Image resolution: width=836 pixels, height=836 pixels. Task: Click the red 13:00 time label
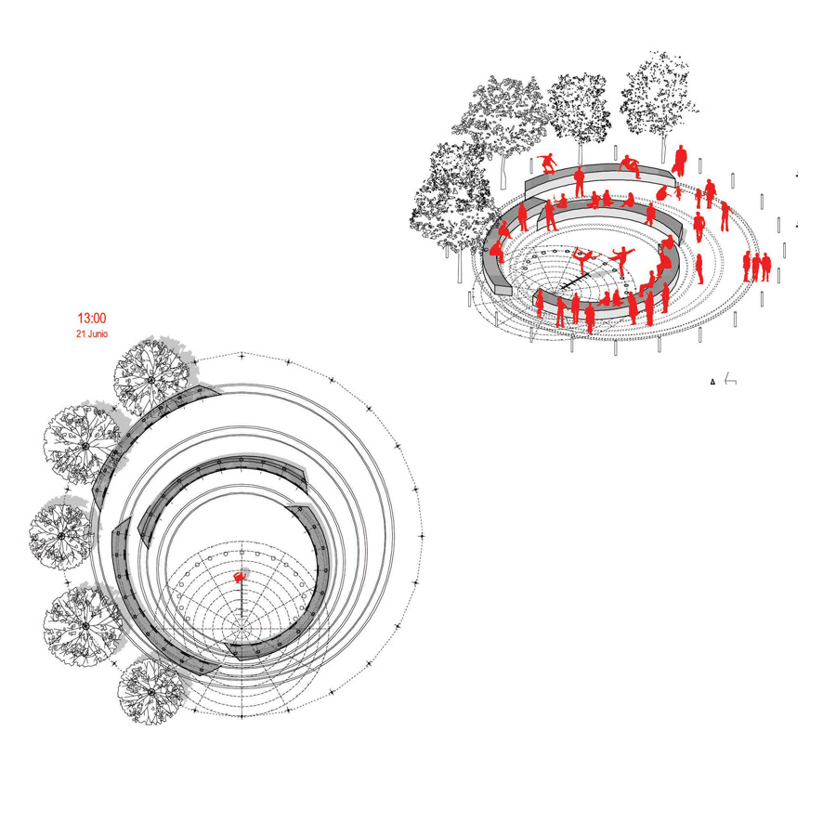pos(92,319)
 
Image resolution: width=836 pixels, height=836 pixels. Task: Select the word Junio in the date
pos(97,333)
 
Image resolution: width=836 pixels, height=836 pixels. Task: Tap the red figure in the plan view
pos(241,577)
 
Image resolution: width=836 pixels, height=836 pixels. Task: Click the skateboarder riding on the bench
pos(546,163)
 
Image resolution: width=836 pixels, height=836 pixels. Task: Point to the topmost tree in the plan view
pos(151,379)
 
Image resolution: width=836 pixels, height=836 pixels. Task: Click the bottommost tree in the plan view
pos(151,691)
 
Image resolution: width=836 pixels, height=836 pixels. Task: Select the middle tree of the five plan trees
pos(60,535)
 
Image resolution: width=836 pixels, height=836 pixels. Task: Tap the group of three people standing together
pos(756,267)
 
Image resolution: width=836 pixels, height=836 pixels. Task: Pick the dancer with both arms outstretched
pos(621,260)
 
